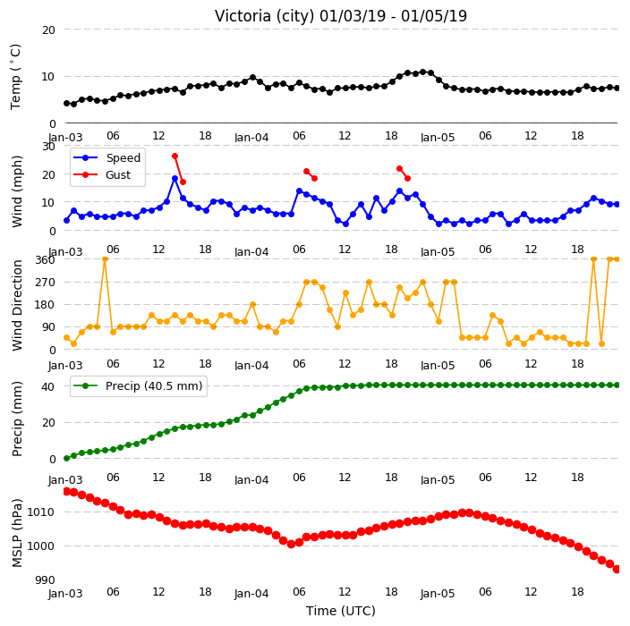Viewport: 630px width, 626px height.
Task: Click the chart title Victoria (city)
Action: (265, 16)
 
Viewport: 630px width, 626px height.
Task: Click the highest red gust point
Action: (175, 156)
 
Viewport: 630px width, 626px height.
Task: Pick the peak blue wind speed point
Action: (175, 178)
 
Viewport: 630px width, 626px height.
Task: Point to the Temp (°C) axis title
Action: (16, 77)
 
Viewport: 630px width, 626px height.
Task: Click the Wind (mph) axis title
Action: (16, 191)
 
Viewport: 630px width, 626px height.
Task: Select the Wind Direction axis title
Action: (16, 305)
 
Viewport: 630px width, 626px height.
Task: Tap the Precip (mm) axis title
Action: (16, 419)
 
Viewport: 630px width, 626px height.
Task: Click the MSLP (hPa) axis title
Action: (16, 533)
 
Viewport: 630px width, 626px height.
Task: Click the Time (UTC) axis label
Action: (341, 611)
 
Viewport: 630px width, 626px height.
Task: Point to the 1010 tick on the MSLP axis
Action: (41, 512)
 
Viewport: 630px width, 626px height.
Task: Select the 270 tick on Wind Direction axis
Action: (45, 283)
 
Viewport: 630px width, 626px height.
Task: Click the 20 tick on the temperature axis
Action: (48, 30)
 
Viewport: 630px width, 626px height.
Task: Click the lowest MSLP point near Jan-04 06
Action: (292, 544)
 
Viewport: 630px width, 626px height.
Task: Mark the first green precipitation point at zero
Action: (67, 458)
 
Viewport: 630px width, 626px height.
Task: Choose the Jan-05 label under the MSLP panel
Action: (438, 594)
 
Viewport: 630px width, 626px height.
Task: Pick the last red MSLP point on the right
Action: (617, 569)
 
